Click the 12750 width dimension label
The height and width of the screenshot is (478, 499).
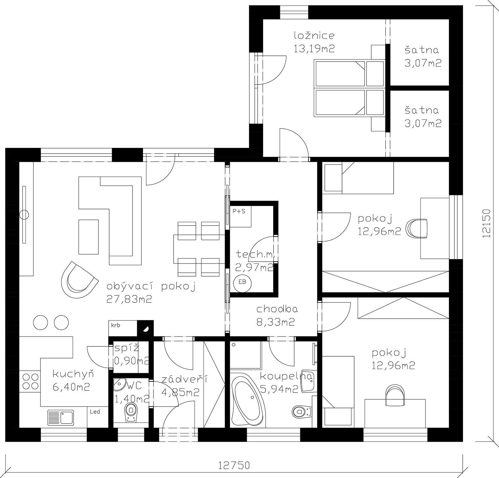234,466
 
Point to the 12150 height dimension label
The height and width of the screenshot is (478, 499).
486,223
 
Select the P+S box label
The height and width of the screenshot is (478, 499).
239,211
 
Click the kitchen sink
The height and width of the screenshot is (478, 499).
61,418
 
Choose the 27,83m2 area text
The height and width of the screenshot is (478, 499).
129,299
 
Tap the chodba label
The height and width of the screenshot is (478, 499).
277,309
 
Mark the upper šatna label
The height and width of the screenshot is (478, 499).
422,50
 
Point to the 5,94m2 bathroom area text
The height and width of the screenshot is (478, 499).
279,389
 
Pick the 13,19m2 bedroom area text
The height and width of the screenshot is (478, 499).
314,48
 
